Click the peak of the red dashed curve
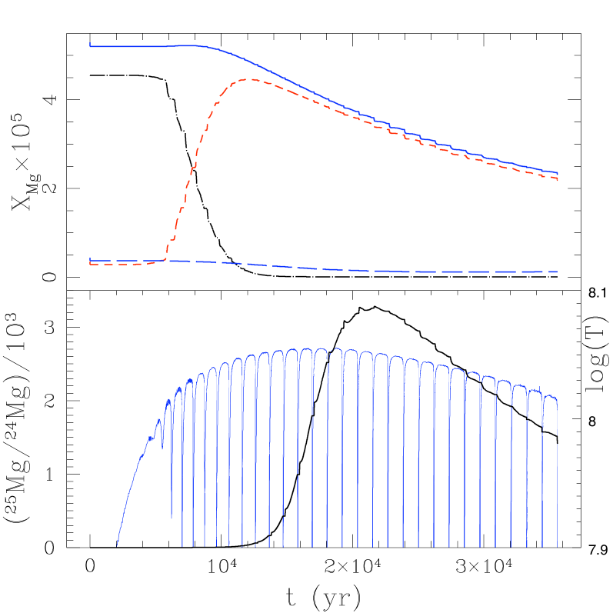245,79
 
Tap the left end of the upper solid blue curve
90,45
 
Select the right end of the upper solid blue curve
557,172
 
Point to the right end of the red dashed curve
557,178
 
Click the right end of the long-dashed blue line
557,272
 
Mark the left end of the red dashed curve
90,264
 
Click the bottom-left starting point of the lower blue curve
117,545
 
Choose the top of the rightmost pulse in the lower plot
550,397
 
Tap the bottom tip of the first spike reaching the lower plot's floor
182,545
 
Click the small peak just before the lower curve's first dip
159,420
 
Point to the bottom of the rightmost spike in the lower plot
557,545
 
